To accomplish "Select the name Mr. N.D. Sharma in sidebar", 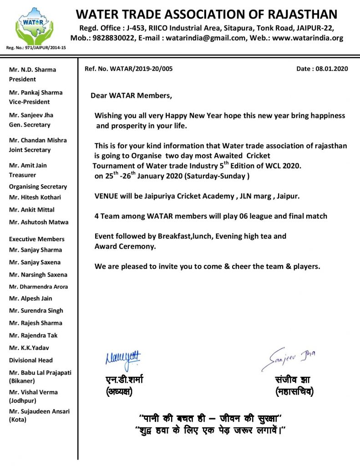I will click(33, 70).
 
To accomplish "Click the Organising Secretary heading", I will click(38, 187).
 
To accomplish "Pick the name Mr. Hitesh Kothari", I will click(35, 198).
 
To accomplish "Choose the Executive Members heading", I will click(37, 239).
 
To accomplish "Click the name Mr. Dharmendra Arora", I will click(39, 287).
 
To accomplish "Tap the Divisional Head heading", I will click(31, 360).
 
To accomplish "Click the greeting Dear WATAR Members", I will click(132, 96).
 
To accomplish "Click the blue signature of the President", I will click(123, 359).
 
